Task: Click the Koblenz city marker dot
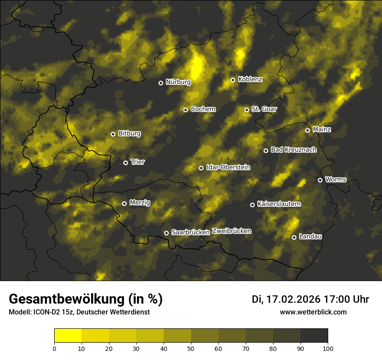(233, 80)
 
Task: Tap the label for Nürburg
(178, 82)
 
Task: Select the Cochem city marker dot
(185, 110)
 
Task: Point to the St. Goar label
(264, 109)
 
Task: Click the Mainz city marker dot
(307, 130)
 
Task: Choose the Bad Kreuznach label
(293, 150)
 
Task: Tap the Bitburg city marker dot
(113, 134)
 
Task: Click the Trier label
(138, 162)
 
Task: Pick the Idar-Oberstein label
(228, 167)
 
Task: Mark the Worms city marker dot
(320, 180)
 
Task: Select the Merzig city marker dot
(124, 203)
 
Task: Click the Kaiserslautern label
(279, 204)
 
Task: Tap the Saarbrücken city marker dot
(166, 233)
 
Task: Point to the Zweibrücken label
(231, 231)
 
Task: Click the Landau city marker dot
(294, 237)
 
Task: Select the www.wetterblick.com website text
(313, 312)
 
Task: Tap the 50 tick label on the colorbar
(191, 348)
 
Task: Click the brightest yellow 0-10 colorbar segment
(68, 336)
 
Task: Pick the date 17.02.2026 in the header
(293, 299)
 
